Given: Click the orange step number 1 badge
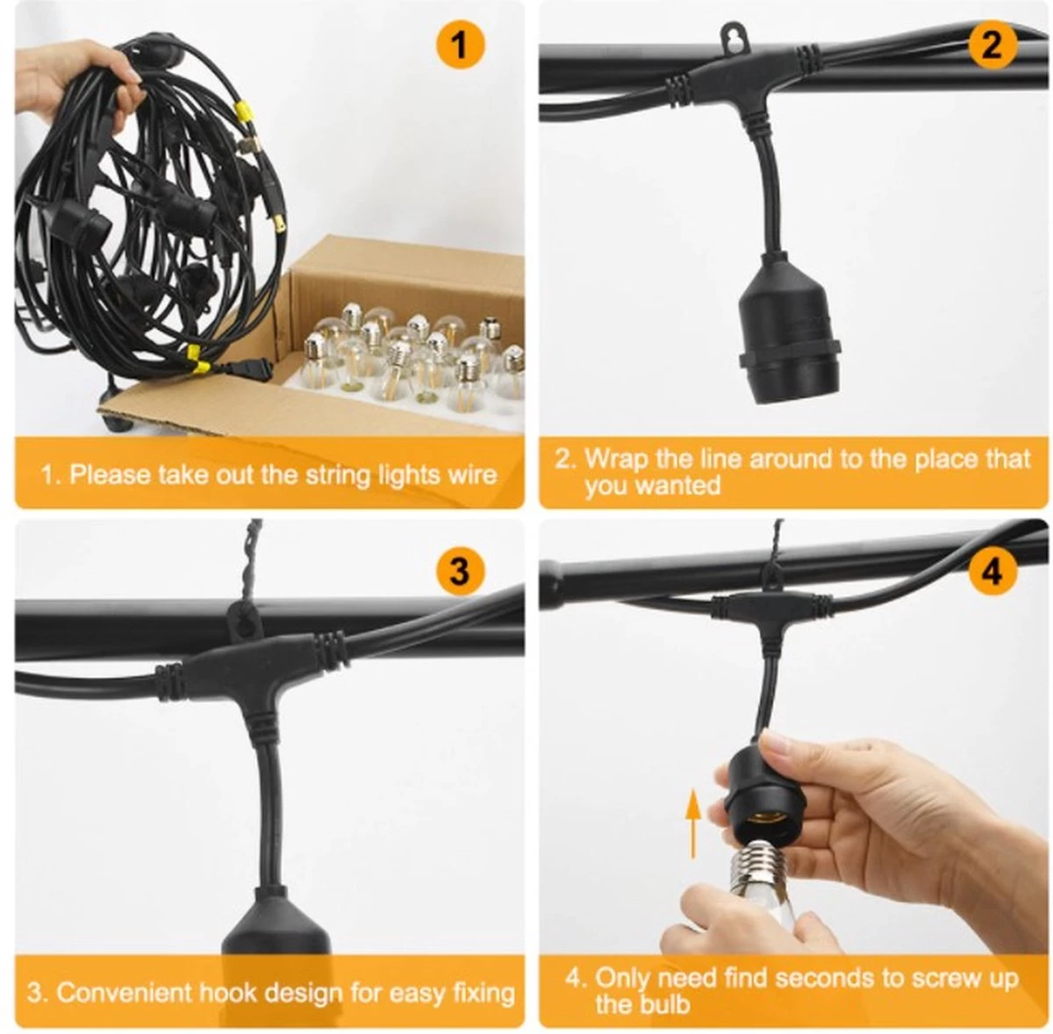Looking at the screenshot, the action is [460, 46].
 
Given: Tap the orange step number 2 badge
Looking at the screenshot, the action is [992, 46].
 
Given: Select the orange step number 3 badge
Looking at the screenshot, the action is [460, 572].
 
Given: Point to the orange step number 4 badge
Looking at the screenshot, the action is [992, 572].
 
